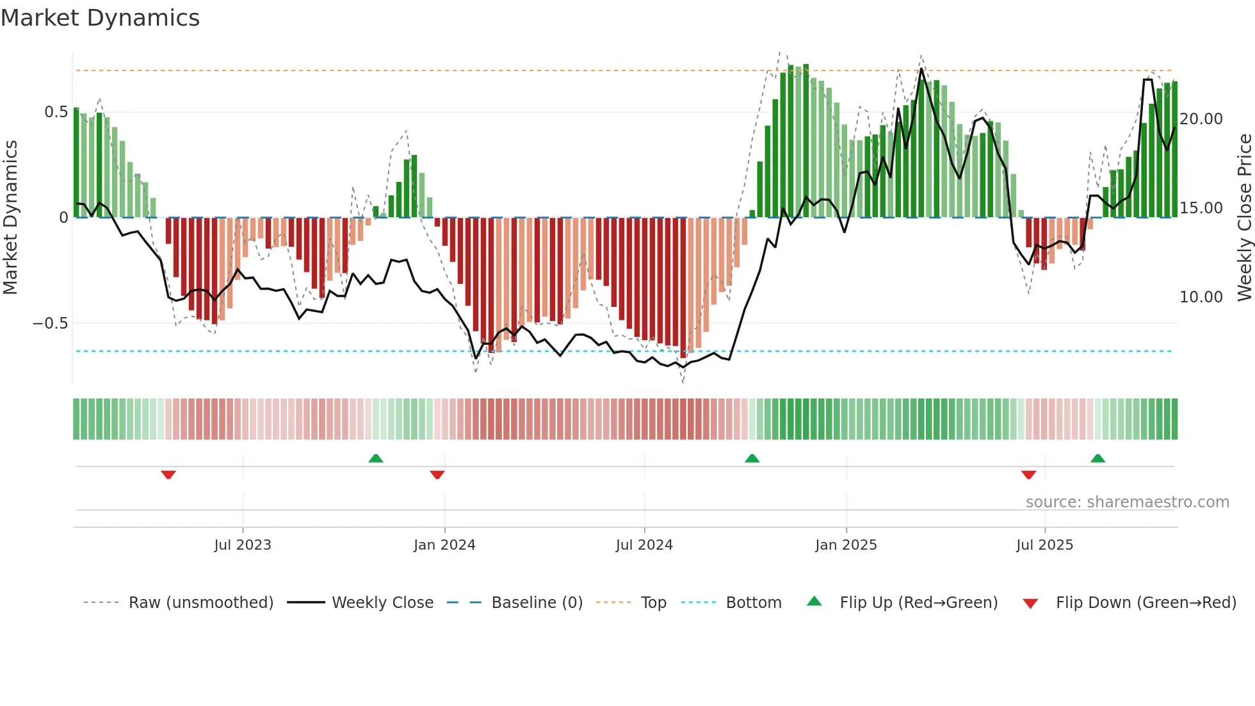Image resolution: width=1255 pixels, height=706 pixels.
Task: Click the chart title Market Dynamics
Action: point(100,18)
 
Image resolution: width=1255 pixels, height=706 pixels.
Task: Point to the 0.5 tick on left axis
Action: point(56,112)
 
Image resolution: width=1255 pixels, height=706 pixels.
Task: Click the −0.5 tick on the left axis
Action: point(50,324)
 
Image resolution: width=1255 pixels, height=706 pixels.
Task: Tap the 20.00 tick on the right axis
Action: point(1201,119)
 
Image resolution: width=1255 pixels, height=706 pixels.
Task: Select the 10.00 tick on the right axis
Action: point(1201,297)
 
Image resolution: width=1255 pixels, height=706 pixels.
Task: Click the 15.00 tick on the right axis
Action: point(1201,208)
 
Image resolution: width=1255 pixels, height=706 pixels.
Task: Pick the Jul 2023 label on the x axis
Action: point(243,545)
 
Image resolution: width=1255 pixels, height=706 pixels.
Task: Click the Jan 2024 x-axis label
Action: point(444,545)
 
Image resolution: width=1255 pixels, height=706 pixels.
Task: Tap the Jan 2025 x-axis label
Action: point(846,545)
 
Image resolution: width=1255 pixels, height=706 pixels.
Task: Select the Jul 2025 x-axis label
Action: point(1044,545)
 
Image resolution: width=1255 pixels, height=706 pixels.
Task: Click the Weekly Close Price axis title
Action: point(1244,218)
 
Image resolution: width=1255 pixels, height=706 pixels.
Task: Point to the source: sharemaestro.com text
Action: point(1127,502)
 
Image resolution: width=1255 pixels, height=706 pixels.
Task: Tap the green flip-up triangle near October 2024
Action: point(752,458)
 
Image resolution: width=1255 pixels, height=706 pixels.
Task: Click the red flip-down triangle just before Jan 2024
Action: point(437,475)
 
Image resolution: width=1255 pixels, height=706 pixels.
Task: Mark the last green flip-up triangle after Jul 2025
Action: point(1097,458)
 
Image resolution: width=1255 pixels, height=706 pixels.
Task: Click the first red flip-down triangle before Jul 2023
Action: point(168,475)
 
